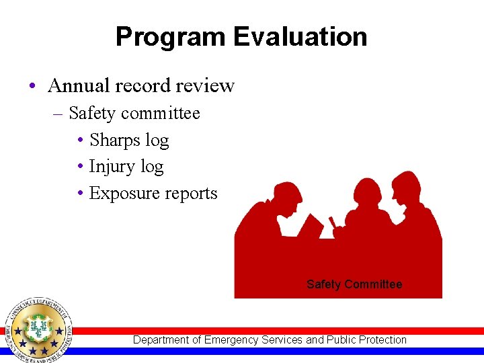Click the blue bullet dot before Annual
pos(32,87)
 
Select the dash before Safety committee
pos(58,114)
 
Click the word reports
pos(193,194)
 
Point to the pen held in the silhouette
pos(331,221)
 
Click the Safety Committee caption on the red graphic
pos(354,284)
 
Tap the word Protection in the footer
pos(381,340)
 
